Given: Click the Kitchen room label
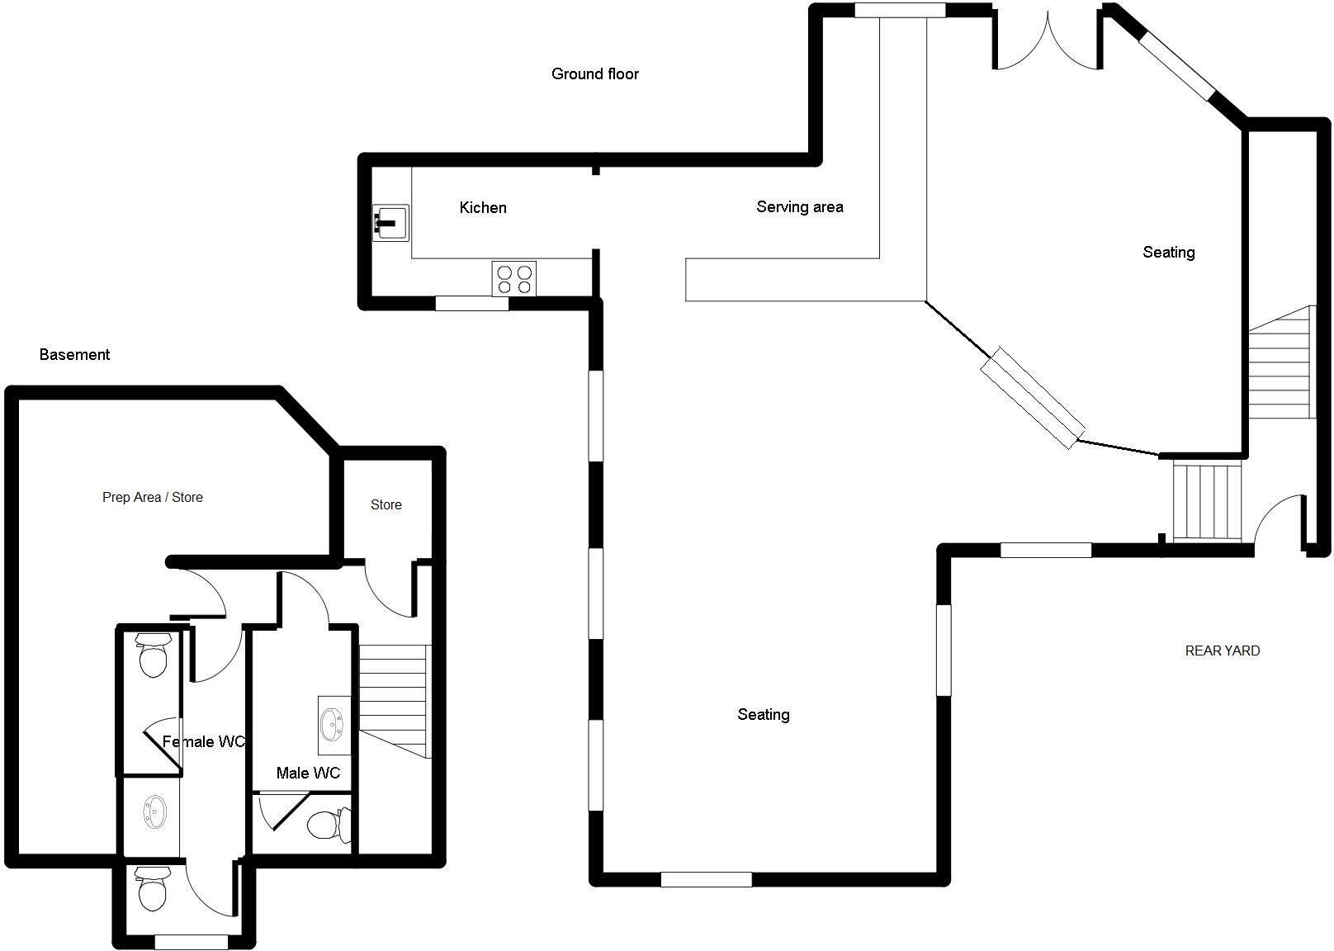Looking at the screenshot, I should (483, 207).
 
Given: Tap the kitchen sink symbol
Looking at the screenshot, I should (390, 222).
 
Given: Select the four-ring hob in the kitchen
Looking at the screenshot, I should (514, 278).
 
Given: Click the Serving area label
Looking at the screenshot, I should (799, 206).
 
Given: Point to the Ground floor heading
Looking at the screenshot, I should (594, 73).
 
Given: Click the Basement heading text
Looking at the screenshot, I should (74, 354).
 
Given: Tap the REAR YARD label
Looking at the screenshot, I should (1222, 651).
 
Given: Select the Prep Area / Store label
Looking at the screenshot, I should (152, 497).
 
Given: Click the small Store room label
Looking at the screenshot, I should (386, 504).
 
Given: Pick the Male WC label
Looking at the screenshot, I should (308, 773).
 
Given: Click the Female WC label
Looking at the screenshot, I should (203, 741).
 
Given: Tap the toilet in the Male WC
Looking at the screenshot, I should (325, 824).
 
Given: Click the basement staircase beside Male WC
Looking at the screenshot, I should (395, 698).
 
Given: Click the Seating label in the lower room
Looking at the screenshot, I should (763, 714).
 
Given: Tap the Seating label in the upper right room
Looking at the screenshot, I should (1168, 252).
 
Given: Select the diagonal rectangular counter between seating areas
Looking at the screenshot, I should (1032, 398).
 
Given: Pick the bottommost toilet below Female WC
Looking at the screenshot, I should (152, 889).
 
